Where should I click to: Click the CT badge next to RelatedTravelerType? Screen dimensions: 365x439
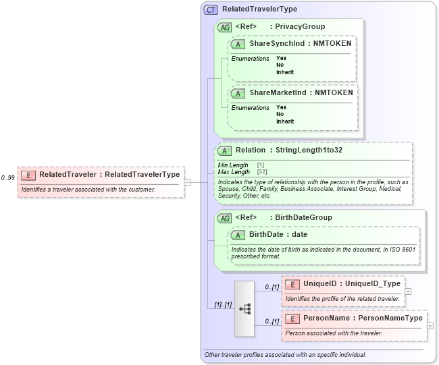211,10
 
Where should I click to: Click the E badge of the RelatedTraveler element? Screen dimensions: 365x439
28,175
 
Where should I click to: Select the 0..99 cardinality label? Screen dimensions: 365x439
8,177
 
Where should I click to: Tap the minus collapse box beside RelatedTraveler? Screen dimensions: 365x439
187,181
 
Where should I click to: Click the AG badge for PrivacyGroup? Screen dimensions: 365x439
224,27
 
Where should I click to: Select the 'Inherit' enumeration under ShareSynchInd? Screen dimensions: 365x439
285,72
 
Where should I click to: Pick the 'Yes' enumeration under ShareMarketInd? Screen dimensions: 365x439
281,107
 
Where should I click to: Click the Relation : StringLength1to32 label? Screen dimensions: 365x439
288,150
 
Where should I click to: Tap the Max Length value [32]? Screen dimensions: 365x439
262,172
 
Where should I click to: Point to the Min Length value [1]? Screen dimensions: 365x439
261,165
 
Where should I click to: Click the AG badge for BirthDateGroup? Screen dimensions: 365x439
224,218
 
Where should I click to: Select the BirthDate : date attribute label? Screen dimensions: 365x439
278,234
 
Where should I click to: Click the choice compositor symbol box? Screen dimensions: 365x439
244,308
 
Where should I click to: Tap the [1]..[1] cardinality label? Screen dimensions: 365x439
222,304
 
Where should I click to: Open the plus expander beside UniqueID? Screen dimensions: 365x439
407,291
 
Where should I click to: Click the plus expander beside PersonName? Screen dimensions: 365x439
430,325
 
